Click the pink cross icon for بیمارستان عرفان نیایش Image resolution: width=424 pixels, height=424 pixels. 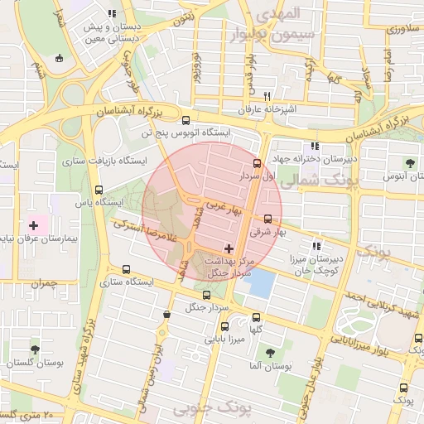pyautogui.click(x=34, y=224)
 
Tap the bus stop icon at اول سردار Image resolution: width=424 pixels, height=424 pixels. pyautogui.click(x=257, y=163)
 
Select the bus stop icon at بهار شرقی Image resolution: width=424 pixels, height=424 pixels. pyautogui.click(x=267, y=219)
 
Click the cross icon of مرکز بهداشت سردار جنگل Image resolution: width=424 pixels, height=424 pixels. pyautogui.click(x=229, y=248)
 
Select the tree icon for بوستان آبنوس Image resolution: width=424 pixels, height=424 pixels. pyautogui.click(x=411, y=162)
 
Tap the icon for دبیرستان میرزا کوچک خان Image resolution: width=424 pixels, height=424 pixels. pyautogui.click(x=315, y=245)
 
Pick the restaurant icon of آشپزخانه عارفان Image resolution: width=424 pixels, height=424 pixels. pyautogui.click(x=267, y=96)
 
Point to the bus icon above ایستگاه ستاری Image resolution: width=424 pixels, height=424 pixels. pyautogui.click(x=126, y=269)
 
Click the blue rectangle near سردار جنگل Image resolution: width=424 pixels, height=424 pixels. pyautogui.click(x=259, y=284)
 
